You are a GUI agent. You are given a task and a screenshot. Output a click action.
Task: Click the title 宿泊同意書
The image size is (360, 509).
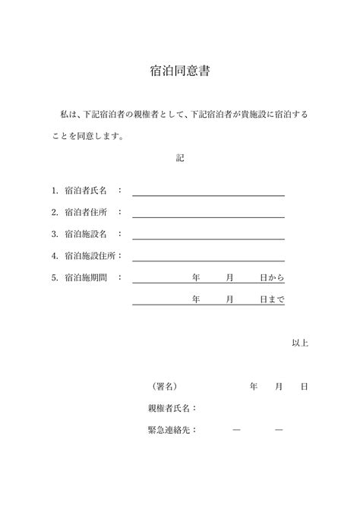click(x=180, y=72)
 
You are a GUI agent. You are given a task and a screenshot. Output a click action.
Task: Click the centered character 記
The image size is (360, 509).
click(x=180, y=159)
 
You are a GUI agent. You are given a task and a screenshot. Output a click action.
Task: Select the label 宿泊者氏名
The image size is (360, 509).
click(x=86, y=191)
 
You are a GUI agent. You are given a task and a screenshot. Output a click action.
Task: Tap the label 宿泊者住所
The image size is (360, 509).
click(x=86, y=213)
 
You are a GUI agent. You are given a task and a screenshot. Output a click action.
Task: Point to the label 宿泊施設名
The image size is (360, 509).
click(x=86, y=234)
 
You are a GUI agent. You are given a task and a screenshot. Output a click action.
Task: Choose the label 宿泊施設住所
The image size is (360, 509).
click(x=90, y=256)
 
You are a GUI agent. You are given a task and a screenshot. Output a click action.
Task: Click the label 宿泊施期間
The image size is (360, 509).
click(x=86, y=278)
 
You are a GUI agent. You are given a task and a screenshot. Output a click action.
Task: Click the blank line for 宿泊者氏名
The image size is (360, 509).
click(x=208, y=194)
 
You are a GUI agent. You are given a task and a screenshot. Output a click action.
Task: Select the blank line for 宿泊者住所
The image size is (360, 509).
click(x=208, y=217)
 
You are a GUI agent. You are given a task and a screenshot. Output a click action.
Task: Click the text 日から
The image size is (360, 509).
click(x=272, y=278)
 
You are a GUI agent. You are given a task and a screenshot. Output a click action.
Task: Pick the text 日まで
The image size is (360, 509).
click(x=272, y=299)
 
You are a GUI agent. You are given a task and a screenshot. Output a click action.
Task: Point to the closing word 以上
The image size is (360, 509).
click(x=300, y=343)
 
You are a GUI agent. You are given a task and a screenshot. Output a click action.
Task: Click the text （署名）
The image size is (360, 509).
click(x=165, y=387)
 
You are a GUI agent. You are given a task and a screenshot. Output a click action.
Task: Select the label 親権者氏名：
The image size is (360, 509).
click(x=172, y=408)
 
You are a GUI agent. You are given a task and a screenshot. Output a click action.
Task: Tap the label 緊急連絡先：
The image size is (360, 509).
click(x=172, y=430)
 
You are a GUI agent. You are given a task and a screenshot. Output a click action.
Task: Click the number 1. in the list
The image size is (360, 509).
click(x=55, y=191)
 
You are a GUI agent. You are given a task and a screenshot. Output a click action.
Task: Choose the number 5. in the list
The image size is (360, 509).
click(x=55, y=278)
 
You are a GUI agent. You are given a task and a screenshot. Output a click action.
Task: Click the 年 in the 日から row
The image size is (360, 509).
click(x=196, y=278)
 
